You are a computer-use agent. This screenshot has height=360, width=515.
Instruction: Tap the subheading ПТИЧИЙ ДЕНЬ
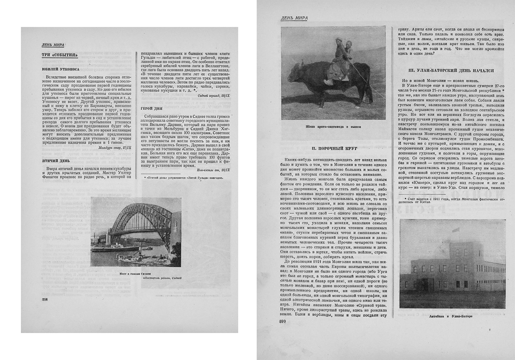pyautogui.click(x=55, y=161)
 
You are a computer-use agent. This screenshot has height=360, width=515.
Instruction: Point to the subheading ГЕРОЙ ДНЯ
pyautogui.click(x=152, y=108)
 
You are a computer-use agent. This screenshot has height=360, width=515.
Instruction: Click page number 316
pyautogui.click(x=45, y=299)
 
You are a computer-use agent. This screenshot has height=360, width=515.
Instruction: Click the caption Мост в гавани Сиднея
pyautogui.click(x=135, y=273)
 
